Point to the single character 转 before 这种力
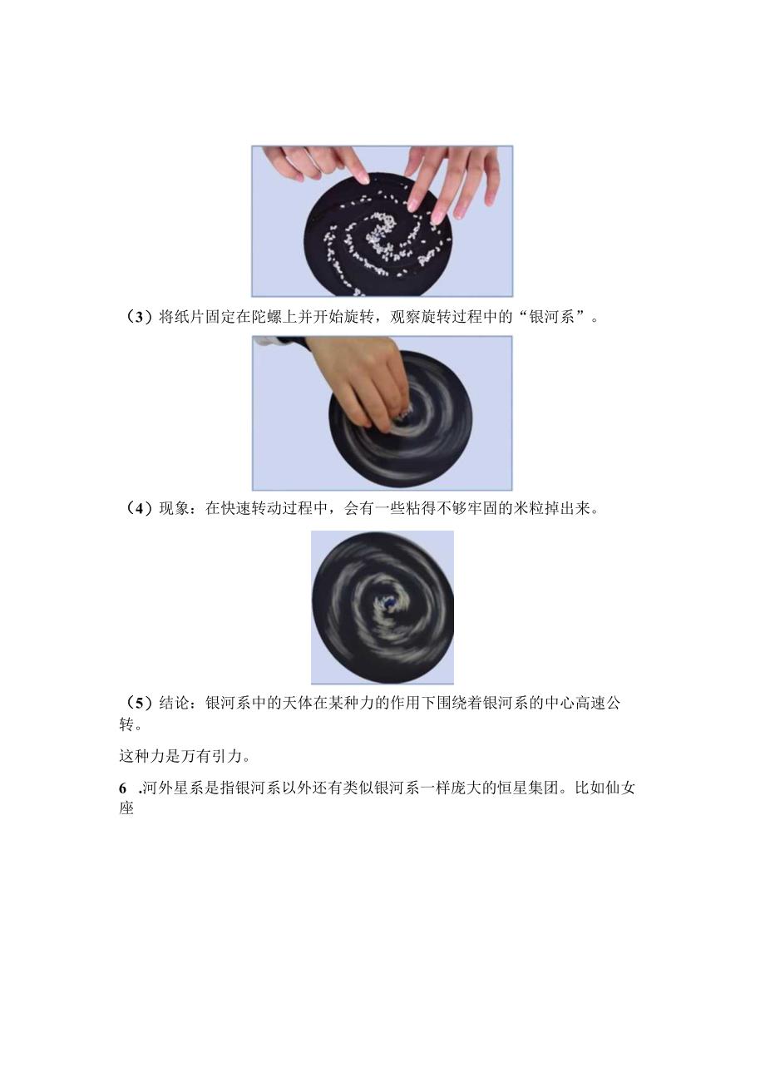pyautogui.click(x=126, y=724)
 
